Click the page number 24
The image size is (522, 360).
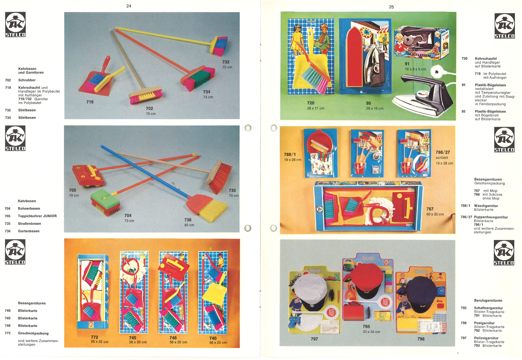click(129, 6)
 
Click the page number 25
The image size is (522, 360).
click(391, 7)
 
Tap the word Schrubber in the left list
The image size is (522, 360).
click(27, 80)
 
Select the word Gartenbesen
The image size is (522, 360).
click(29, 231)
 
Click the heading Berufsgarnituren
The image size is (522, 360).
click(488, 300)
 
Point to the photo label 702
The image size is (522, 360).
click(149, 109)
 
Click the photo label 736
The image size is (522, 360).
click(188, 220)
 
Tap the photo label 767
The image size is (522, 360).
click(430, 209)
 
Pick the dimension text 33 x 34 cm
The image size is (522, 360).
click(371, 332)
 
